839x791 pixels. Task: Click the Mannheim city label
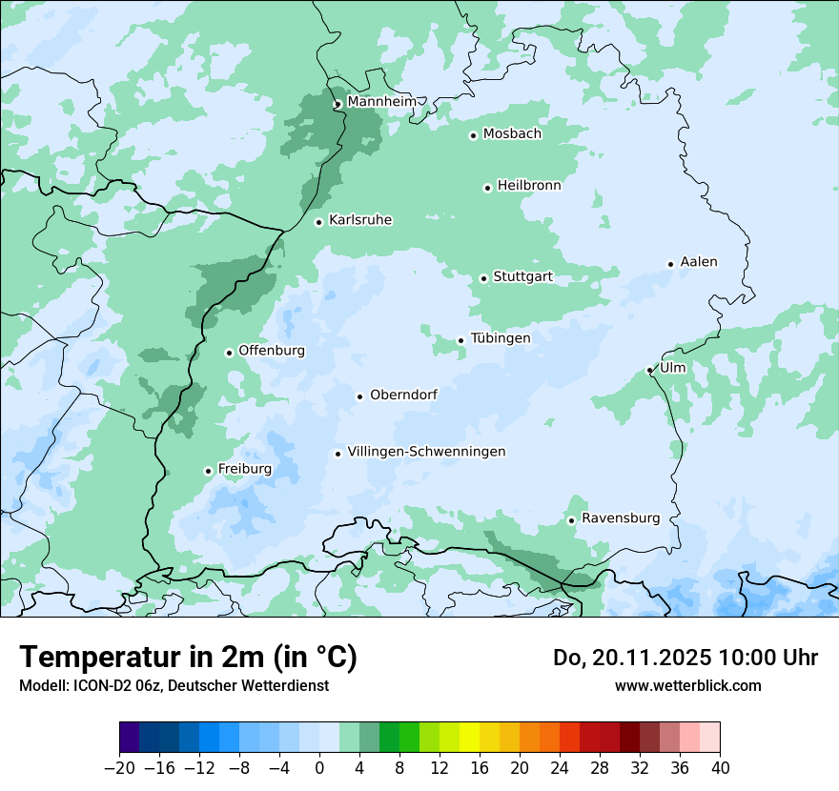tap(381, 101)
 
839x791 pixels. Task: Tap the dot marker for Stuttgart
tap(483, 278)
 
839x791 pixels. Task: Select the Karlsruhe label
tap(360, 220)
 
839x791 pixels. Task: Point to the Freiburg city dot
tap(208, 471)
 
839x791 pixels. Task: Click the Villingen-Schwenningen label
tap(426, 452)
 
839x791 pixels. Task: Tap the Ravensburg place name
tap(621, 518)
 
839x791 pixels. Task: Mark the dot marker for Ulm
tap(649, 370)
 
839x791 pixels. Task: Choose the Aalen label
tap(699, 262)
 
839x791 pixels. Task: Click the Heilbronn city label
tap(529, 186)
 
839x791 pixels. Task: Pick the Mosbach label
tap(512, 134)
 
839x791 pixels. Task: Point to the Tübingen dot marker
tap(460, 340)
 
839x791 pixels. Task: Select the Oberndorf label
tap(403, 395)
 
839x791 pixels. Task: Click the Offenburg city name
tap(272, 351)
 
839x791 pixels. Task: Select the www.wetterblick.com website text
tap(687, 685)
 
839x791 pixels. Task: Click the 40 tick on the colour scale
tap(720, 768)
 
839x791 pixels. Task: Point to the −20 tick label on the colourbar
tap(119, 768)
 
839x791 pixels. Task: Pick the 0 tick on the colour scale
tap(319, 768)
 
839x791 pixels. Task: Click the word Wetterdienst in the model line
tap(289, 685)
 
